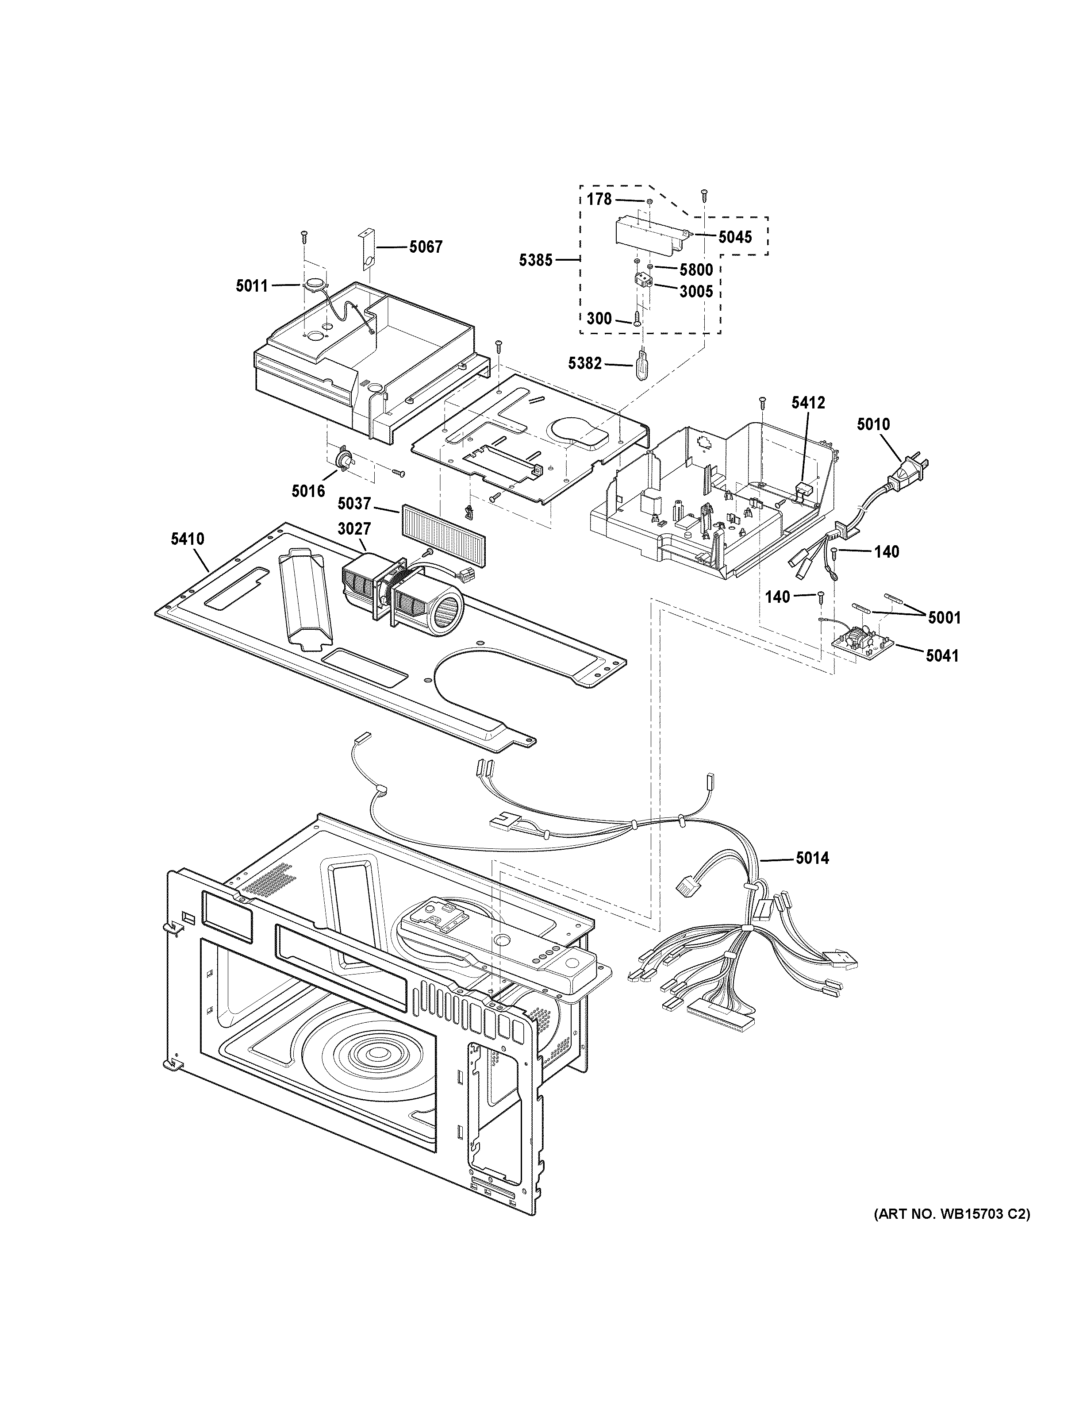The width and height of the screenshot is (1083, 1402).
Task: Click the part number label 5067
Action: click(426, 247)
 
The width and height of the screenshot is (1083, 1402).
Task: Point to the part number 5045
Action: click(735, 238)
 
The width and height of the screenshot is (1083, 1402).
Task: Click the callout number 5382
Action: click(585, 364)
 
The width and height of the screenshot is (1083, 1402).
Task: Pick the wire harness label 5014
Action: click(812, 858)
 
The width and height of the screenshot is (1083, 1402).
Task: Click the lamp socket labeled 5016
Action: click(345, 460)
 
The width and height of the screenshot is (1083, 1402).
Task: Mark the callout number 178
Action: click(599, 200)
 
